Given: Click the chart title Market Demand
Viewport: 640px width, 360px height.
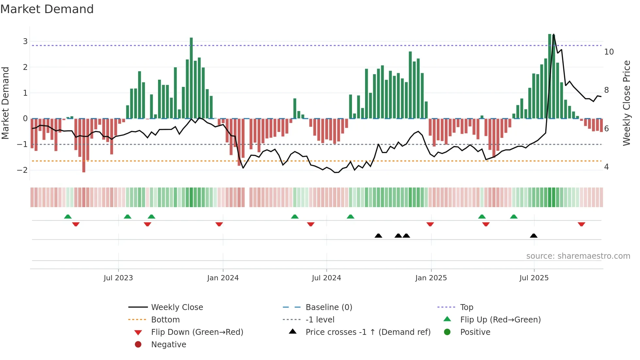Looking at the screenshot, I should pos(47,9).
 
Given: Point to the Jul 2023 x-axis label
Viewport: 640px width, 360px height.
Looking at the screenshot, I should pos(118,278).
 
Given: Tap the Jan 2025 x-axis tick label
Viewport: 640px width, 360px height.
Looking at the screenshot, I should pos(431,278).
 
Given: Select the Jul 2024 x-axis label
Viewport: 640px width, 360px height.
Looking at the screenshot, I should pos(326,278).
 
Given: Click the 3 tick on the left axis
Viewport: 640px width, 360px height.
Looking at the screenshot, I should pos(25,41).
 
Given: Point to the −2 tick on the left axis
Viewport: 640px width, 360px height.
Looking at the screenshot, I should pos(23,170).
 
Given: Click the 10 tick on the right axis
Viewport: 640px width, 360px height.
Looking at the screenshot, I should pos(609,52).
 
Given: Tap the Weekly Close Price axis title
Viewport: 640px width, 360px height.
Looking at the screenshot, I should pos(626,103).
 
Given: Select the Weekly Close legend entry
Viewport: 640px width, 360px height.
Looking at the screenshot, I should pos(177,307).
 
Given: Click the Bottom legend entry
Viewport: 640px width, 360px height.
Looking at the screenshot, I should pos(165,320).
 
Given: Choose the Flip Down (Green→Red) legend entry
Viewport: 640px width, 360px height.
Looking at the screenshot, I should pos(197,332).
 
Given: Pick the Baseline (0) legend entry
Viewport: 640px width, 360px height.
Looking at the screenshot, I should pos(328,307).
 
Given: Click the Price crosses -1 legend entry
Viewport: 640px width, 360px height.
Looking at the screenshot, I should pos(368,332).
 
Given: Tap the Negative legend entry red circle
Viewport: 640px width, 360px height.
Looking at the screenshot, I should pos(138,345).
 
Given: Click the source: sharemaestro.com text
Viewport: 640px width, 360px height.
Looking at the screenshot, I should pos(578,256).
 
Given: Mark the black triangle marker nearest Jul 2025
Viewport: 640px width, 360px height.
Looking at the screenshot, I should pos(534,236).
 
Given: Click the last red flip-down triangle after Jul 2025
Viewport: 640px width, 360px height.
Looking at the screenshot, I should pos(581,224).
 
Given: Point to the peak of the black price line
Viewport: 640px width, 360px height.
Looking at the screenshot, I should pos(554,35).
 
